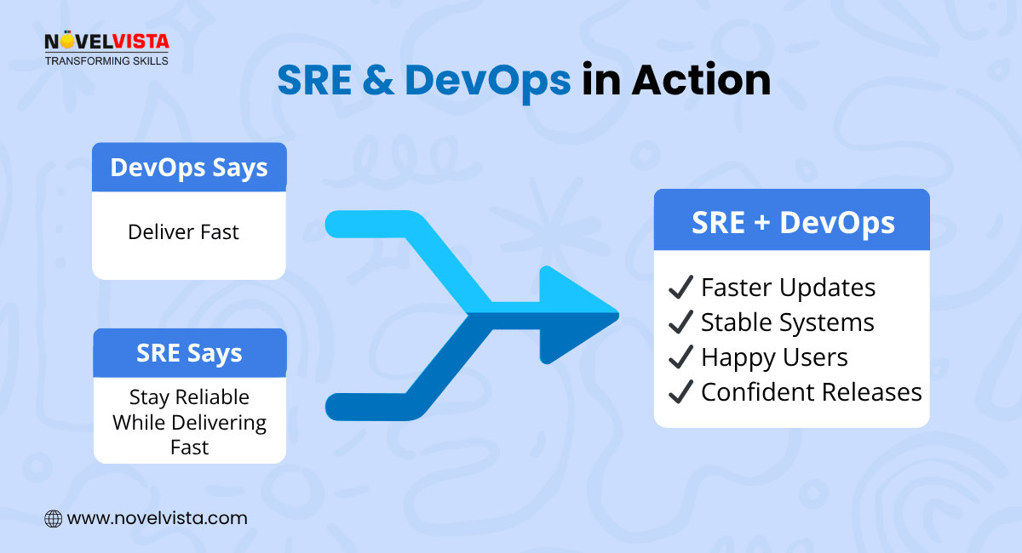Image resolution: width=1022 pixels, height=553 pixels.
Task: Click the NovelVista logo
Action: point(106,41)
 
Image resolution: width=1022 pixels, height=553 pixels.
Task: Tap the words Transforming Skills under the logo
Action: point(106,60)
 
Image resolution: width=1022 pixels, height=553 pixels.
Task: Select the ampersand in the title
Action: point(379,80)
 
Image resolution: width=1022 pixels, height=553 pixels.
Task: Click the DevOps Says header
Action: point(189,167)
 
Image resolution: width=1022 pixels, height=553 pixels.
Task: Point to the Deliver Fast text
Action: point(183,231)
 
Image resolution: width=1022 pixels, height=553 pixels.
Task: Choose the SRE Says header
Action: point(189,352)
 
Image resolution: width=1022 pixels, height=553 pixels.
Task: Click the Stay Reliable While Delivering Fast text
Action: point(189,422)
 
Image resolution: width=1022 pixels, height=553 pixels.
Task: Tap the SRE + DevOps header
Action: point(792,222)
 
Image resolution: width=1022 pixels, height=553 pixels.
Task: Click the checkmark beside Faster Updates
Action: point(680,288)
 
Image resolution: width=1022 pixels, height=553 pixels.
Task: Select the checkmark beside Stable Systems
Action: point(680,322)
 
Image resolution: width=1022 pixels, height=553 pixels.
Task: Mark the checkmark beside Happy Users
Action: point(680,357)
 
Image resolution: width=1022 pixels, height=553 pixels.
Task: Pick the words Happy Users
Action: point(774,357)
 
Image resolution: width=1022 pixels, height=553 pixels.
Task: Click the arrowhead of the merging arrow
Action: point(579,316)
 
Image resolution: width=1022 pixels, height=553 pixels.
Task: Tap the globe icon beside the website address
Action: point(53,518)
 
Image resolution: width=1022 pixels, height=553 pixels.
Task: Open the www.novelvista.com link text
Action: point(157,518)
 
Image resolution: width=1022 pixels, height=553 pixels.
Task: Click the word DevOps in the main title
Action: point(487,80)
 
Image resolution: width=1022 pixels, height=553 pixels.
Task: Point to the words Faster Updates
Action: point(788,288)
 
